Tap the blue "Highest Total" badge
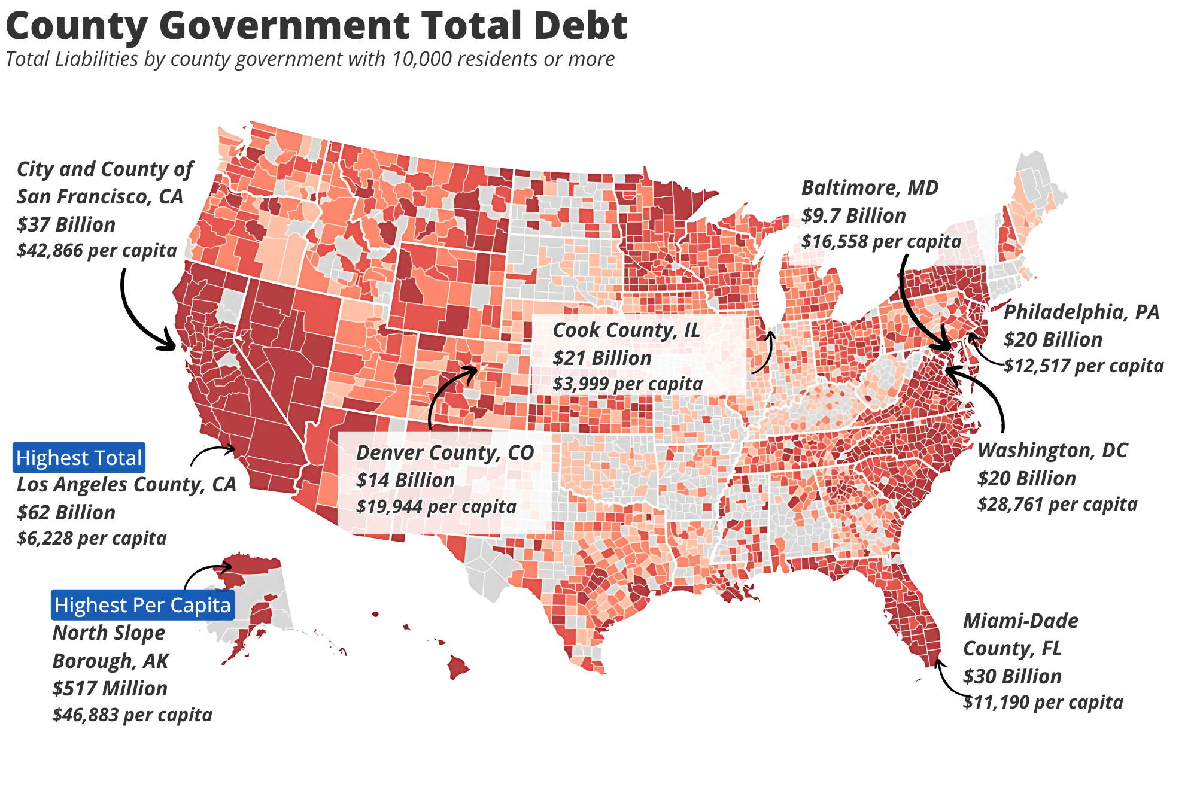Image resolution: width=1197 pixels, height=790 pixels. [x=78, y=458]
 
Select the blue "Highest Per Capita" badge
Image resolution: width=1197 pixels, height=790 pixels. [x=142, y=605]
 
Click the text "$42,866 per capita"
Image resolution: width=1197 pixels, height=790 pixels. [x=97, y=250]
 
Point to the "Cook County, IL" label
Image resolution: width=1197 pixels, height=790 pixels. [x=626, y=330]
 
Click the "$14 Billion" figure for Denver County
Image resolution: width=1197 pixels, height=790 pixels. [x=405, y=481]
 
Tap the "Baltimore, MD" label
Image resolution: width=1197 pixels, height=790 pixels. [x=870, y=188]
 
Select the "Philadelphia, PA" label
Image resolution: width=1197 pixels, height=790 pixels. [x=1081, y=312]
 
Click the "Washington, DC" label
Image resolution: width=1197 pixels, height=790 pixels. [x=1052, y=450]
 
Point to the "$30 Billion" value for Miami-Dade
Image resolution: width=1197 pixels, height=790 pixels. [x=1012, y=676]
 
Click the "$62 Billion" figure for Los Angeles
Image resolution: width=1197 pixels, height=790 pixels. [x=66, y=513]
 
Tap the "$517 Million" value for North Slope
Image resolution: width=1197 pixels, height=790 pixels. [x=110, y=688]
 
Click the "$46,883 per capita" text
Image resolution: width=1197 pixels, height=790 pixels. [x=132, y=715]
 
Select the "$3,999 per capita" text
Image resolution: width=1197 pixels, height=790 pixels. [x=627, y=384]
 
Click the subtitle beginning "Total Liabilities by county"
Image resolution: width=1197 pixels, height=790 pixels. [x=310, y=59]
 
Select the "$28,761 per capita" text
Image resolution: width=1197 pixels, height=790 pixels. [x=1057, y=505]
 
